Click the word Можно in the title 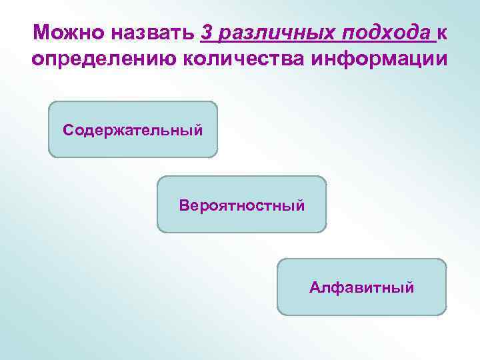pos(63,33)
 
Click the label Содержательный pos(133,129)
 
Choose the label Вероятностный pos(241,205)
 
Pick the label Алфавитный pos(361,287)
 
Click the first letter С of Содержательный pos(67,129)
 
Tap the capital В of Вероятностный pos(183,205)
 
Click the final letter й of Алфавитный pos(410,287)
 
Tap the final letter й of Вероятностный pos(301,204)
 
